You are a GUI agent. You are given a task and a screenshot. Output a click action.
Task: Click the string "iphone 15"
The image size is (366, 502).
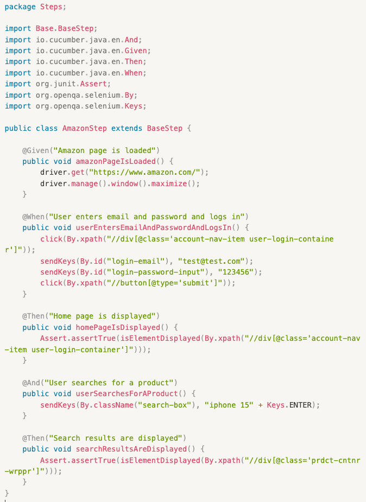[230, 404]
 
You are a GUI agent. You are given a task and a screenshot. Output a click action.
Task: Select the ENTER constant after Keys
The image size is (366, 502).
[301, 404]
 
